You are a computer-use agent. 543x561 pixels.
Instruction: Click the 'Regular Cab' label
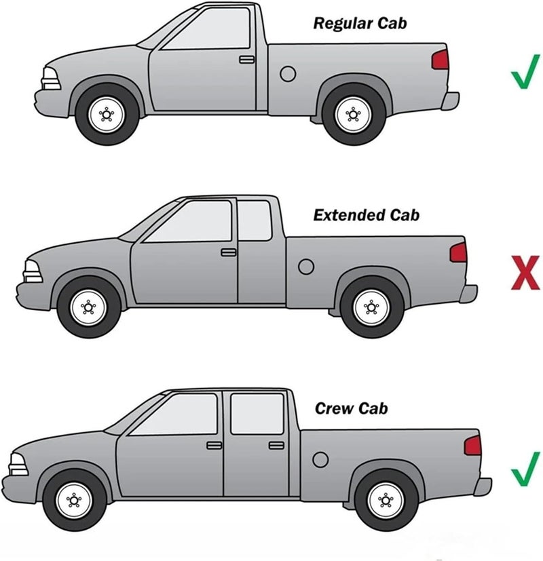tap(360, 23)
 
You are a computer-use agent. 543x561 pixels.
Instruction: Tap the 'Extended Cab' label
tap(367, 216)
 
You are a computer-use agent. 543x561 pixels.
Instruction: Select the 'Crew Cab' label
tap(352, 408)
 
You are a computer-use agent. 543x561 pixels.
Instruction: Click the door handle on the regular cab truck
tap(246, 60)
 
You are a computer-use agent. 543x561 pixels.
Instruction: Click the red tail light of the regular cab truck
tap(441, 60)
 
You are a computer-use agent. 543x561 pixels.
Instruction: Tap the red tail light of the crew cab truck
tap(473, 446)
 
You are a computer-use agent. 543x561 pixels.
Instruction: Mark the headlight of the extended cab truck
tap(32, 273)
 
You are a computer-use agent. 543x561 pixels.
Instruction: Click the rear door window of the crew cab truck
tap(257, 414)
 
